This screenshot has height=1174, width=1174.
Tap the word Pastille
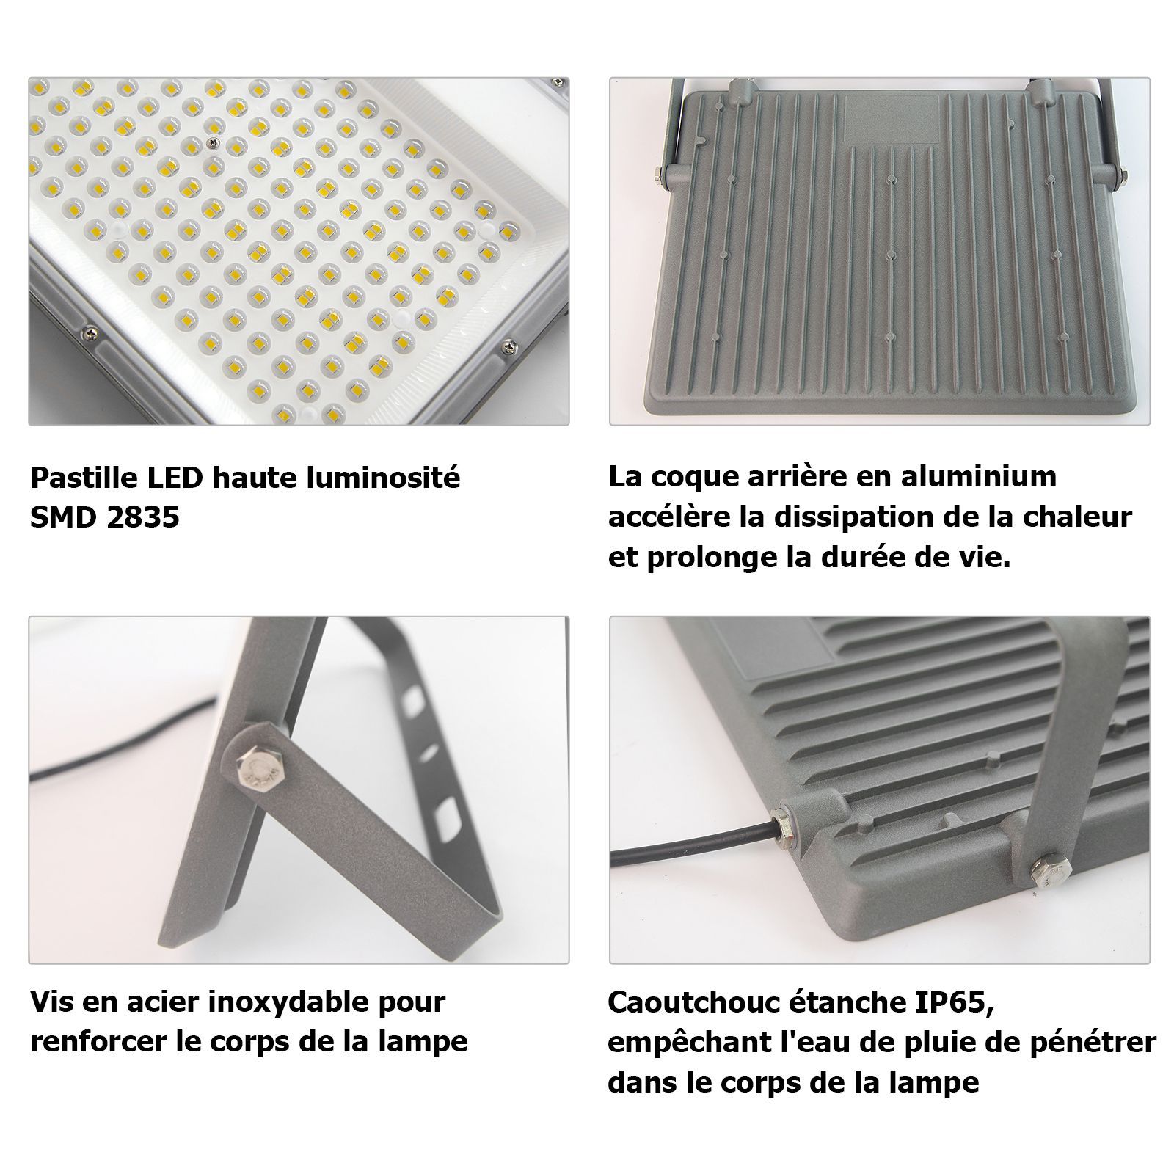tap(82, 478)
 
